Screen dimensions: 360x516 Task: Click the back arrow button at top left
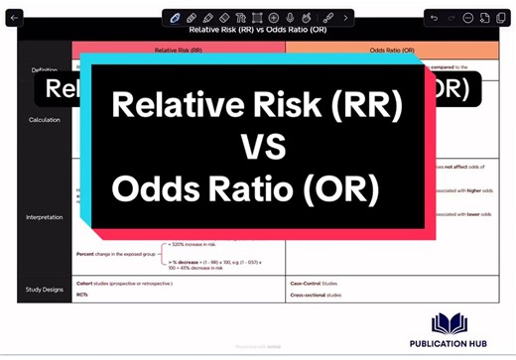[x=15, y=18]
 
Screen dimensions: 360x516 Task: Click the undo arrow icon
[x=434, y=18]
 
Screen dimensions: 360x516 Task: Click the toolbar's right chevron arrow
[x=345, y=18]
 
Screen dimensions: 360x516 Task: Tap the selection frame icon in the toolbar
[x=258, y=18]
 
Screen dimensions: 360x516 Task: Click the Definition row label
[x=44, y=70]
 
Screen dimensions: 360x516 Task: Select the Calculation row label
[x=44, y=120]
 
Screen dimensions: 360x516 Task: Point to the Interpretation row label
[x=44, y=216]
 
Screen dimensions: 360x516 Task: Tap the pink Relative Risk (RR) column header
[x=179, y=49]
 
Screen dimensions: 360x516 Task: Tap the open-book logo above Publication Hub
[x=453, y=323]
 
